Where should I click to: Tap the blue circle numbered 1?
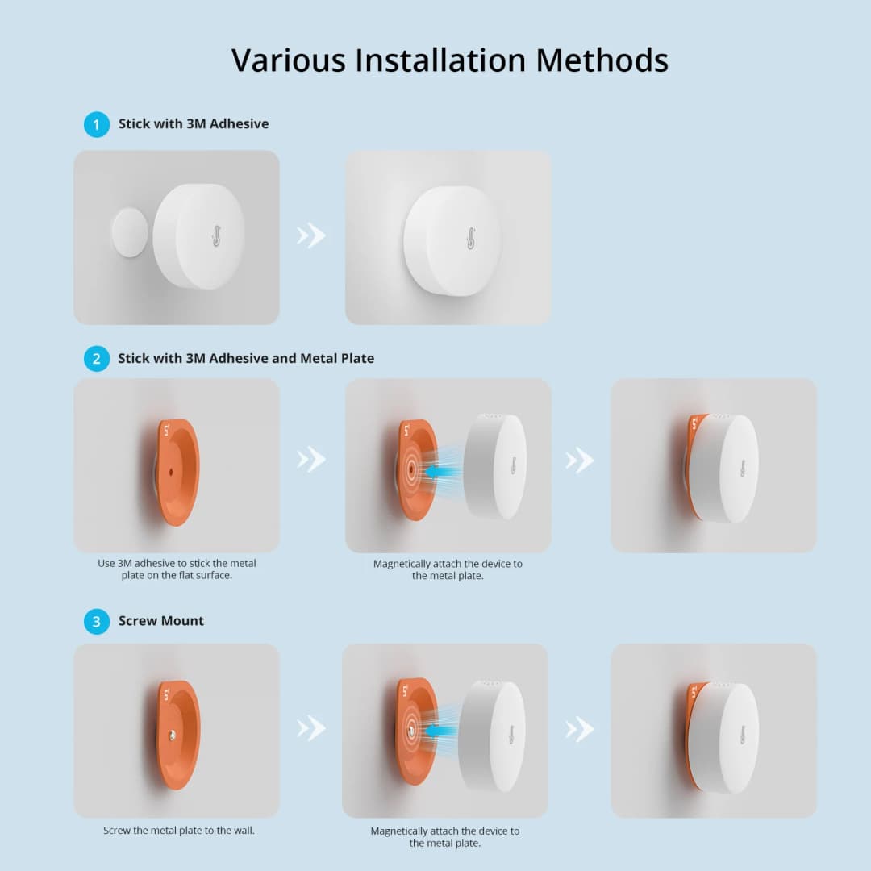coord(97,124)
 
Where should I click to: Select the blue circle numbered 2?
coord(97,358)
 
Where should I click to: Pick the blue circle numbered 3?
coord(97,621)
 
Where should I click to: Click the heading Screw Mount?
coord(161,621)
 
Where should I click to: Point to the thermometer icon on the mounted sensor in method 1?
coord(470,238)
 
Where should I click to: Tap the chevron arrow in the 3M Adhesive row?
coord(311,235)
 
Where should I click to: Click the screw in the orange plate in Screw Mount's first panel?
coord(172,735)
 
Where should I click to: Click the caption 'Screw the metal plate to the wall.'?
coord(179,830)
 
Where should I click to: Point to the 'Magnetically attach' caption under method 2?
coord(448,569)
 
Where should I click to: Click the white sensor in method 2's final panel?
coord(727,469)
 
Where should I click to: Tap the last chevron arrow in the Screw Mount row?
coord(579,729)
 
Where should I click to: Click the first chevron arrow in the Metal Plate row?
coord(311,460)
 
